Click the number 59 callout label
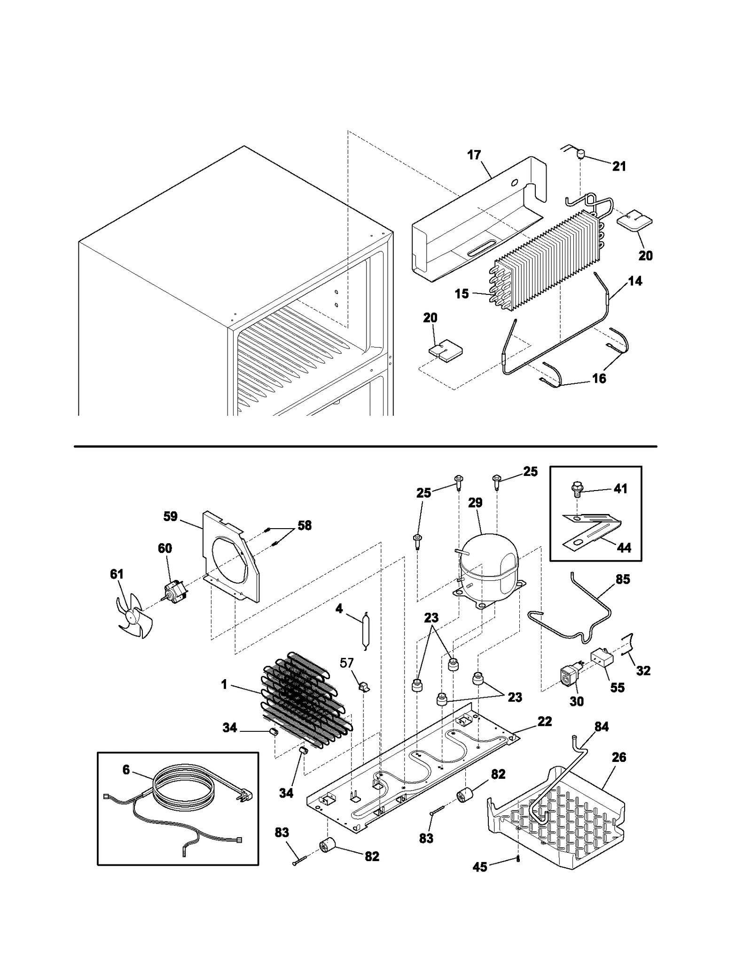[170, 516]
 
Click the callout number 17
[474, 155]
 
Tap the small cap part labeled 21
[580, 153]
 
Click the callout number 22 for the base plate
[544, 721]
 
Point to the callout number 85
[622, 579]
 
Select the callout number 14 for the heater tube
[634, 281]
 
